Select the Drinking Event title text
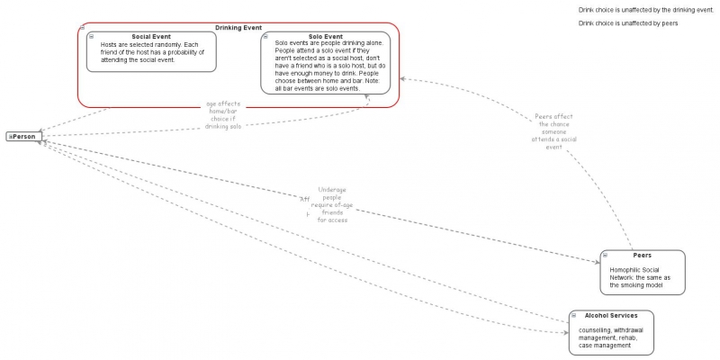coord(238,28)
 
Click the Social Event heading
coord(150,37)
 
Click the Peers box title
coord(642,256)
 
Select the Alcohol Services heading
coord(611,316)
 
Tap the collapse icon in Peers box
coord(606,256)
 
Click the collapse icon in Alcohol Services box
coord(574,316)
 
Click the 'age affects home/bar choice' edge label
coord(224,115)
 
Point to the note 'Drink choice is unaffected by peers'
coord(627,23)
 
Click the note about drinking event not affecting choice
coord(645,9)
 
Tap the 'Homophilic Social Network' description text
coord(640,277)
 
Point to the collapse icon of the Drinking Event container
coord(82,28)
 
